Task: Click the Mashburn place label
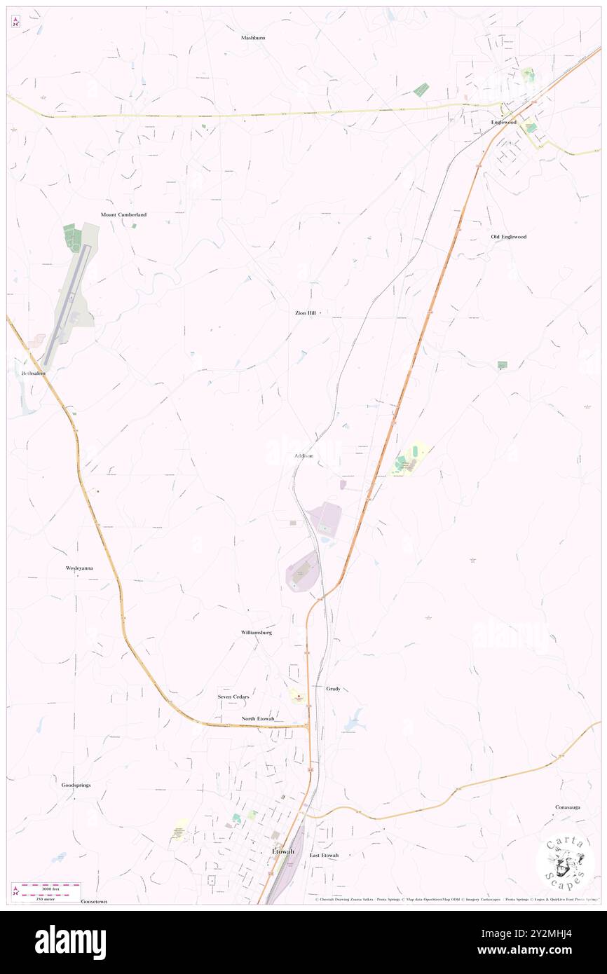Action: tap(253, 38)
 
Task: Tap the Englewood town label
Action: tap(503, 123)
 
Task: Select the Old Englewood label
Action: tap(508, 237)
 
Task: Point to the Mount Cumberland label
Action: tap(123, 214)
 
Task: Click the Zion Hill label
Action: tap(306, 313)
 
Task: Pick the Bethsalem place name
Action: tap(33, 373)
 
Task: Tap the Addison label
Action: tap(303, 456)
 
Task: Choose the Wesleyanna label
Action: tap(79, 568)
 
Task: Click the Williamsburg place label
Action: tap(256, 632)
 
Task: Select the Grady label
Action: tap(333, 689)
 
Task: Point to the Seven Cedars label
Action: tap(233, 697)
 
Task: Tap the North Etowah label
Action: tap(259, 720)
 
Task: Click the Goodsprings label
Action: tap(76, 786)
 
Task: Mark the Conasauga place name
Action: tap(567, 807)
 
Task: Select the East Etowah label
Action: tap(324, 856)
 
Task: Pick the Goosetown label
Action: tap(94, 902)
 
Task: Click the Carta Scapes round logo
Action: tap(565, 863)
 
